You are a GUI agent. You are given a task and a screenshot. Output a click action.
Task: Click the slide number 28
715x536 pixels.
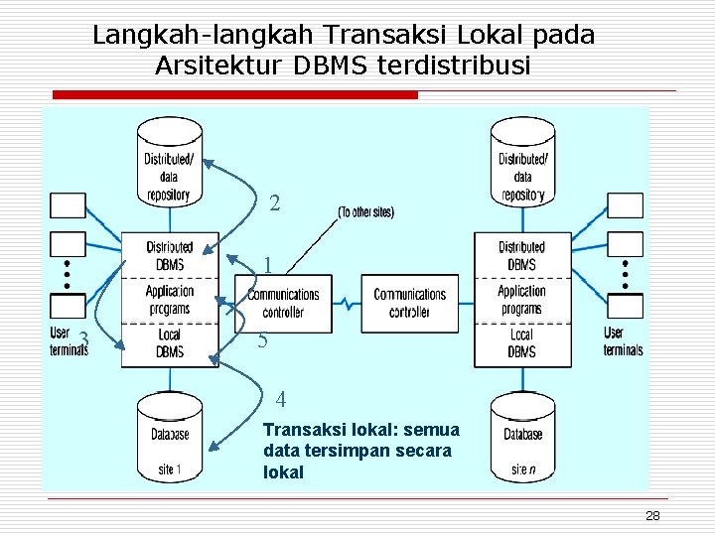(x=652, y=515)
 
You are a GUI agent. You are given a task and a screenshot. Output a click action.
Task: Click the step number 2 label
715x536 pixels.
(x=275, y=203)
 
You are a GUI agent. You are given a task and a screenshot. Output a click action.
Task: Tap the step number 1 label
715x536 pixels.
(x=268, y=265)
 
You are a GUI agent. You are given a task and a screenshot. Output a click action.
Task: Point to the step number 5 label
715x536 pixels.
(x=263, y=340)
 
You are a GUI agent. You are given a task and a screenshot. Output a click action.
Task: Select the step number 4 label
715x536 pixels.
(x=281, y=400)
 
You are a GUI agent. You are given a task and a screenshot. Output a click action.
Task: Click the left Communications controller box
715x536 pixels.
(x=283, y=303)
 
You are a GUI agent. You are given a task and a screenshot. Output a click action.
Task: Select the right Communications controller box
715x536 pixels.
(x=409, y=303)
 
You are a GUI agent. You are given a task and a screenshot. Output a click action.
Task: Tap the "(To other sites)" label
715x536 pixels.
(x=366, y=211)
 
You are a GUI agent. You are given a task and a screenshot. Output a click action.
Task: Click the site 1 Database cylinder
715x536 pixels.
(x=170, y=439)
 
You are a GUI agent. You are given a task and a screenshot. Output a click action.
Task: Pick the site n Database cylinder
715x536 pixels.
(x=522, y=439)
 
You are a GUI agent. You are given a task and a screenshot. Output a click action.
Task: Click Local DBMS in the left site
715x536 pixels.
(x=170, y=342)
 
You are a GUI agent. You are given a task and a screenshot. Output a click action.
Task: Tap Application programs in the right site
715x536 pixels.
(x=521, y=300)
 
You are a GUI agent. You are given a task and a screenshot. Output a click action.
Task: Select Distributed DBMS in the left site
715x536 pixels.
(x=170, y=255)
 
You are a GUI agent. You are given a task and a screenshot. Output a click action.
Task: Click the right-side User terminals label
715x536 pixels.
(x=623, y=340)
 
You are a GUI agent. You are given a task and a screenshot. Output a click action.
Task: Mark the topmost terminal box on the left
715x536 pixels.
(x=69, y=204)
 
